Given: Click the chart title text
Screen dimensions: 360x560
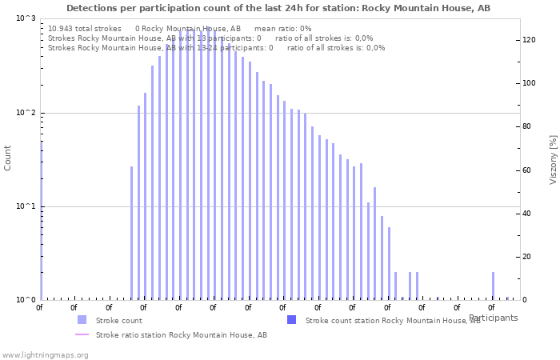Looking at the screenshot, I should click(x=278, y=8).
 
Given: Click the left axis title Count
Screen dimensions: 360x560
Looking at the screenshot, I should click(x=8, y=158).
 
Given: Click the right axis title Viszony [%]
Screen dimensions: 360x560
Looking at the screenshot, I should click(x=553, y=159).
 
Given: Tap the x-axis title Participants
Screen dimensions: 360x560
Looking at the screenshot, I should click(x=493, y=318).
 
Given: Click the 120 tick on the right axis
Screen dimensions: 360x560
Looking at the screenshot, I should click(x=528, y=40).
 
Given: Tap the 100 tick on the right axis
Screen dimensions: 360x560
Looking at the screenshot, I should click(x=528, y=83).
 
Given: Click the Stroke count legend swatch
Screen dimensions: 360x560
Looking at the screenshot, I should click(x=82, y=320).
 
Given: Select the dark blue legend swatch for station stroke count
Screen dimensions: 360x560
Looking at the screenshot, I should click(x=291, y=320).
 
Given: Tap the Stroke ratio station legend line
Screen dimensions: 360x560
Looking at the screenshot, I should click(x=82, y=335).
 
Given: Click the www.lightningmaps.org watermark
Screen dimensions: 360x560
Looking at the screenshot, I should click(x=45, y=354).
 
